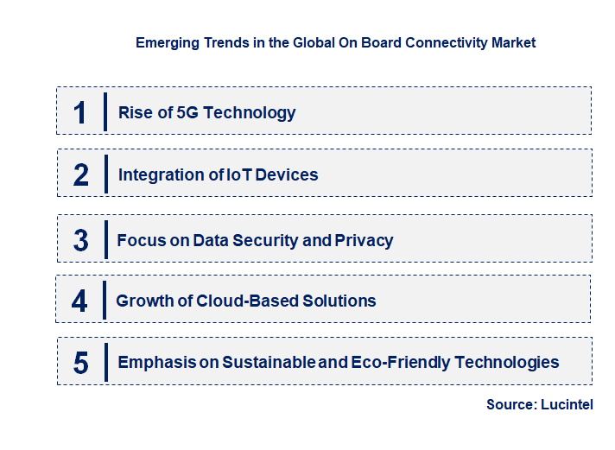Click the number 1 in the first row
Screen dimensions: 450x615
[x=80, y=112]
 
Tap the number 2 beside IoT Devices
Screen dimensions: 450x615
[x=80, y=175]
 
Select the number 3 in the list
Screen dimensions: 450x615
[x=80, y=240]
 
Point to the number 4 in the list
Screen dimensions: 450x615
[x=80, y=301]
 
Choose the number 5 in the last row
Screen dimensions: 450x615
[x=80, y=363]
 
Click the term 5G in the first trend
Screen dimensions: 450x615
[x=188, y=112]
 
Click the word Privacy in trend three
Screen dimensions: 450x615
[x=362, y=240]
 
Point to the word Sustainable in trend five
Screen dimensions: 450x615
[x=268, y=363]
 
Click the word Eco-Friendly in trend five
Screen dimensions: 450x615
[x=398, y=363]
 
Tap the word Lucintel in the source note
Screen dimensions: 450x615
[x=567, y=404]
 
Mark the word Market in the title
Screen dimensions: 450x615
[x=515, y=42]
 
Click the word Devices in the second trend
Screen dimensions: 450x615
[x=288, y=175]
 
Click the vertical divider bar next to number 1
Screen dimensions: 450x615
[x=105, y=112]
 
